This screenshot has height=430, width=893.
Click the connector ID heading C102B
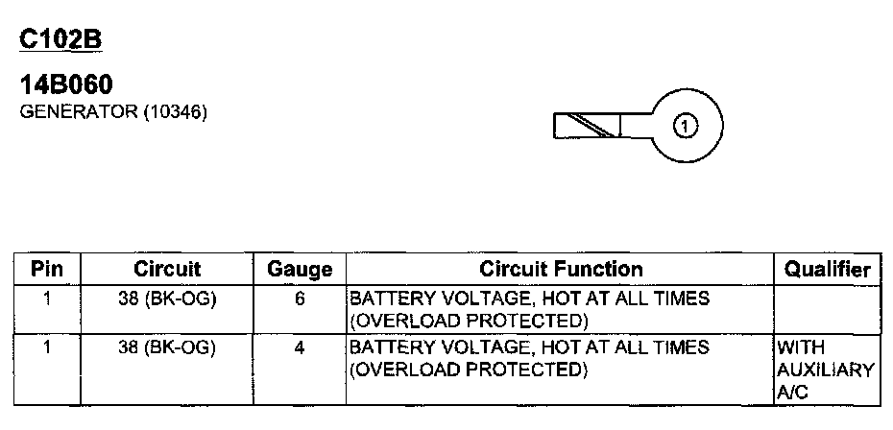tap(60, 39)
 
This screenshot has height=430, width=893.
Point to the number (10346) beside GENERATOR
tap(176, 111)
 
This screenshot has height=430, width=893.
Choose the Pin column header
tap(47, 269)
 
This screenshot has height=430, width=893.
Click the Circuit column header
tap(167, 269)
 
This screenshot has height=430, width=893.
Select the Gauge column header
tap(299, 270)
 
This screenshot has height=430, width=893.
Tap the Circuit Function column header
tap(561, 269)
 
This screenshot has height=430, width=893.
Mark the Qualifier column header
tap(827, 270)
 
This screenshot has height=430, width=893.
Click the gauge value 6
tap(300, 299)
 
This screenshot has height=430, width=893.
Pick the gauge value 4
tap(300, 347)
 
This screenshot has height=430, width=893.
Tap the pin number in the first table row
tap(47, 299)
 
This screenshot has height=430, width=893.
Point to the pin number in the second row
tap(47, 347)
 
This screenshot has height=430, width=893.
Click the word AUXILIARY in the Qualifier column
tap(826, 370)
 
